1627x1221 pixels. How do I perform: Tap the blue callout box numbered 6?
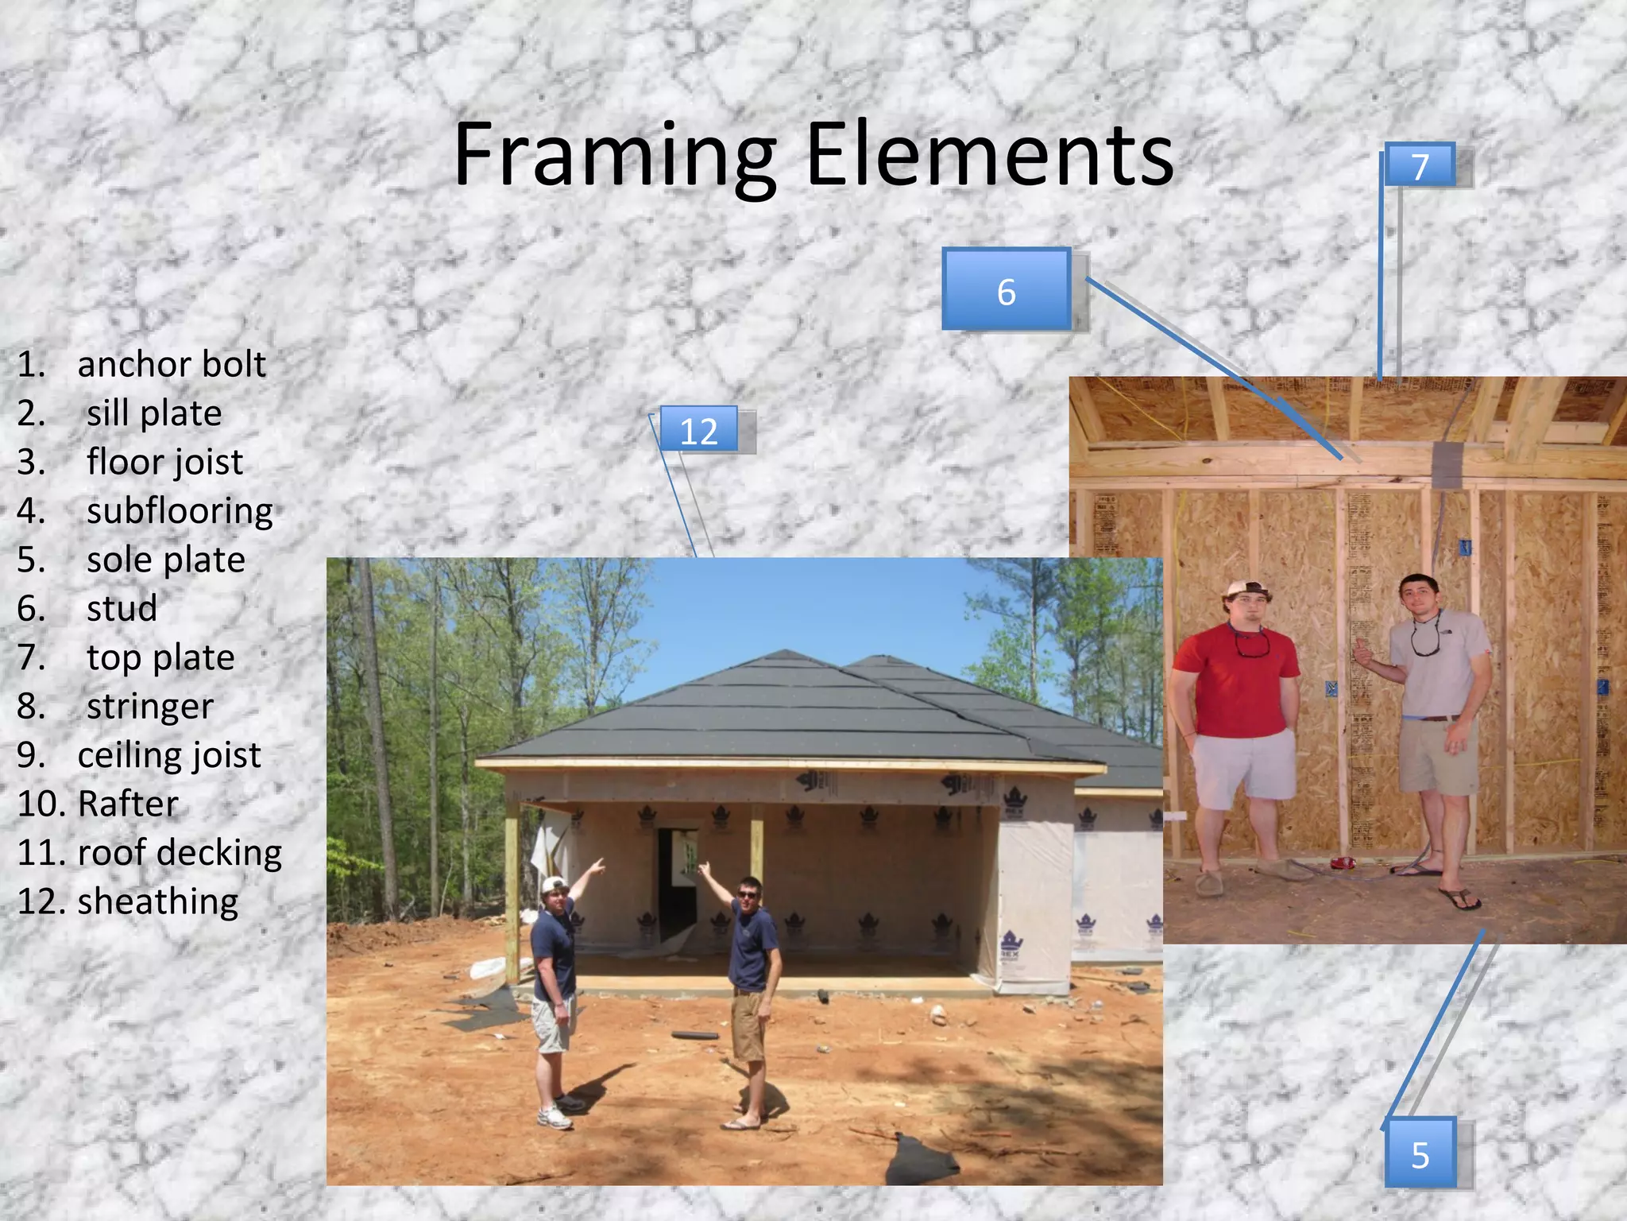(x=1007, y=290)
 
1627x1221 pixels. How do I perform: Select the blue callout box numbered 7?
(x=1420, y=166)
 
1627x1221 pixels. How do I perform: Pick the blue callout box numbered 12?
(x=698, y=430)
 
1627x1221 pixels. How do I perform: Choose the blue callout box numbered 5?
(x=1420, y=1153)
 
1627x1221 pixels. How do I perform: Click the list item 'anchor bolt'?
(x=171, y=364)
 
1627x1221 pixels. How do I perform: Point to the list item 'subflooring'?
(x=180, y=510)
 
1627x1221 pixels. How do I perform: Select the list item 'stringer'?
(x=150, y=706)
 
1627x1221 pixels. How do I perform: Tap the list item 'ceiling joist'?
(x=169, y=754)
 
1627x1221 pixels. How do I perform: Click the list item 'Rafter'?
(x=128, y=804)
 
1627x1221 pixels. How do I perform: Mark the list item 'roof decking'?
(x=180, y=852)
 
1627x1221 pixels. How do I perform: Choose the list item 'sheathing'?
(x=157, y=901)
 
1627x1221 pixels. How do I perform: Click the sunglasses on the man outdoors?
(x=748, y=895)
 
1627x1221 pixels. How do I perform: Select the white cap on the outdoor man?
(x=553, y=885)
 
